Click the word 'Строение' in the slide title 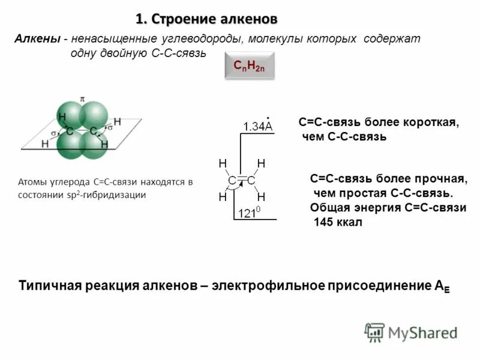pyautogui.click(x=181, y=20)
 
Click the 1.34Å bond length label pyautogui.click(x=257, y=125)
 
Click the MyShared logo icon pyautogui.click(x=374, y=331)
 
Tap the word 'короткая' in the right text pyautogui.click(x=435, y=122)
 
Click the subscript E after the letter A pyautogui.click(x=446, y=289)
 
